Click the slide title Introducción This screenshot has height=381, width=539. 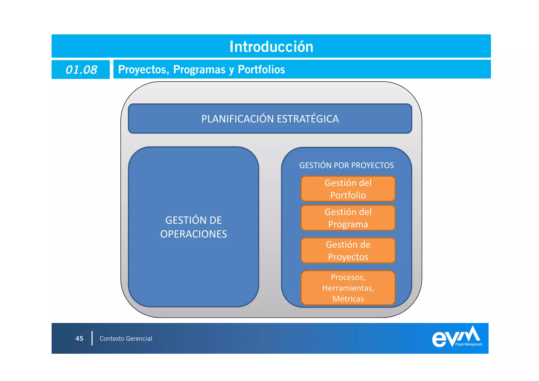click(271, 47)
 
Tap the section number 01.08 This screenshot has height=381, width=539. click(81, 70)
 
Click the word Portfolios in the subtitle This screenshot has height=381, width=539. click(261, 70)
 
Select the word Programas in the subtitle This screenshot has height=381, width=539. click(199, 70)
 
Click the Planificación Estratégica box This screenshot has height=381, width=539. click(270, 119)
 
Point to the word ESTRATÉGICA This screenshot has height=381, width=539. click(308, 119)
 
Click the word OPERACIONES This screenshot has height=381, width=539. click(193, 234)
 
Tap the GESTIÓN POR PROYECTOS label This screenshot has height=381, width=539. click(346, 165)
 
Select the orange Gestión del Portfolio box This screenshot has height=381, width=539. click(348, 189)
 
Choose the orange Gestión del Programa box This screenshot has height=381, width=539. click(348, 218)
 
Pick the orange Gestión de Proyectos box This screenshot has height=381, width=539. click(348, 251)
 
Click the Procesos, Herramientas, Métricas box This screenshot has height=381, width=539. click(348, 288)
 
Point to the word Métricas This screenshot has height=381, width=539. click(348, 299)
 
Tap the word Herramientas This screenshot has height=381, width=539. click(348, 288)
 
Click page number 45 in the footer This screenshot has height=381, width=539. click(79, 339)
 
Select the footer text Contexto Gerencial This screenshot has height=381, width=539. click(126, 339)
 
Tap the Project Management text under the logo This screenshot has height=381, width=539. click(468, 344)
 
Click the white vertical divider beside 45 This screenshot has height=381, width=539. click(92, 338)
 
